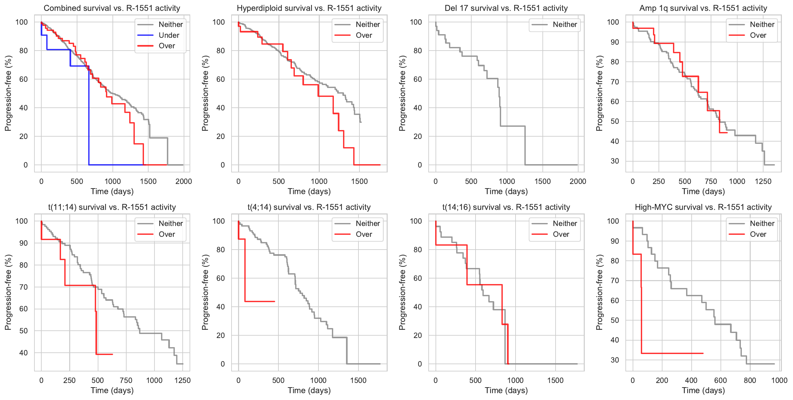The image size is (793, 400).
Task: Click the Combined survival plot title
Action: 112,8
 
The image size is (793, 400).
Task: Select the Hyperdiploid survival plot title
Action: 309,8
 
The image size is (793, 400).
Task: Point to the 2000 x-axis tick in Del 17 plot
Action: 578,181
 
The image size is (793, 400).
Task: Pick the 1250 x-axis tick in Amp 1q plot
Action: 763,181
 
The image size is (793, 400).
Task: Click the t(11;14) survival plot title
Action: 112,207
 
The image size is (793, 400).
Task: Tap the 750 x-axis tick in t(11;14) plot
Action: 126,380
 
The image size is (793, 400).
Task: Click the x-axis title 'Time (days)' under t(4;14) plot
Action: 309,390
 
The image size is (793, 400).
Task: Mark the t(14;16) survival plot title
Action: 506,207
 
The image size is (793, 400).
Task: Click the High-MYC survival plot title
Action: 703,207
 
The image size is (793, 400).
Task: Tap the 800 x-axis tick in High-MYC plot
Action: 750,380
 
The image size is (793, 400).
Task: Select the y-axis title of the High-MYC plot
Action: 600,292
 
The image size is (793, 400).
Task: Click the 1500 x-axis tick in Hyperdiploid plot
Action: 359,181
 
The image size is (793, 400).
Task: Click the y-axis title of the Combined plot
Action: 8,93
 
